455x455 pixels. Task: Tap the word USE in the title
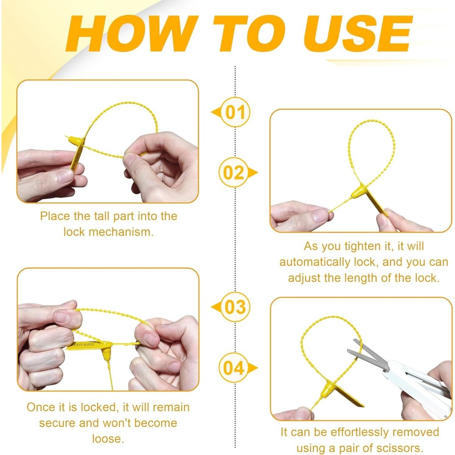click(358, 34)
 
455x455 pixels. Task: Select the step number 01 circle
click(235, 112)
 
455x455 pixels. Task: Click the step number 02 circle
click(234, 172)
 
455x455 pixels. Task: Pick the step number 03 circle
click(235, 307)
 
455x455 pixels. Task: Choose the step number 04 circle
click(234, 367)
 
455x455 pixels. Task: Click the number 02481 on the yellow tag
click(84, 344)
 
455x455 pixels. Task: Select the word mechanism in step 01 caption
click(121, 232)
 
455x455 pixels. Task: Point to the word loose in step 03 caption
click(108, 439)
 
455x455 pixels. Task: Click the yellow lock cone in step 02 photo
click(359, 192)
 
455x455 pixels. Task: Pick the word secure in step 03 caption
click(57, 423)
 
